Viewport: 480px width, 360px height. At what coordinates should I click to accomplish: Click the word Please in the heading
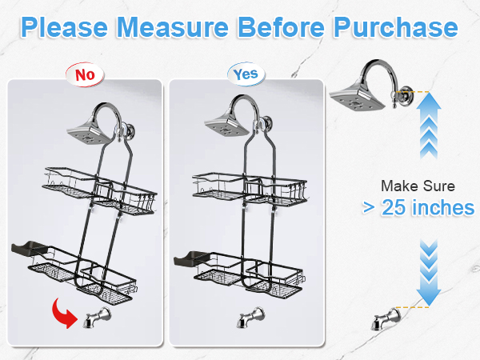point(65,27)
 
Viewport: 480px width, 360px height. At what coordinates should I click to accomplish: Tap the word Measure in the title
point(173,27)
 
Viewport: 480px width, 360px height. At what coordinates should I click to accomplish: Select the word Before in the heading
point(281,27)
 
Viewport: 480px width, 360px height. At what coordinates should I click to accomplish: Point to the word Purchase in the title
point(395,27)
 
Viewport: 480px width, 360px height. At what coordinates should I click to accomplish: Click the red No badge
point(85,74)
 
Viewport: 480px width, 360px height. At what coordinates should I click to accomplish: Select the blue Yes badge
point(246,74)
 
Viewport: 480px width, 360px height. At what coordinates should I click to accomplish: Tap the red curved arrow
point(64,314)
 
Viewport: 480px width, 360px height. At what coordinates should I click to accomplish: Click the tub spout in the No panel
point(97,318)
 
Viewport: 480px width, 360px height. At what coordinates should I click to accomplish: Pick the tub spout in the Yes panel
point(250,317)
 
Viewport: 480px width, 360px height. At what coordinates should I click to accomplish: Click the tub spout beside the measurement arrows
point(386,319)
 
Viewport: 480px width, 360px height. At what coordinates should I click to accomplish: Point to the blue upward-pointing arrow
point(429,126)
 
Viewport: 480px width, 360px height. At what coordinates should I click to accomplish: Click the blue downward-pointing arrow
point(429,273)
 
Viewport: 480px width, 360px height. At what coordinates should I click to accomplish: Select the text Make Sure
point(418,186)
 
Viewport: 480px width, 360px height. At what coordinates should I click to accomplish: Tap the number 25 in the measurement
point(394,207)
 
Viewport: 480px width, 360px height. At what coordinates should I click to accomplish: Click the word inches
point(443,207)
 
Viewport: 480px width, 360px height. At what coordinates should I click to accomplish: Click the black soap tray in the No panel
point(30,248)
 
